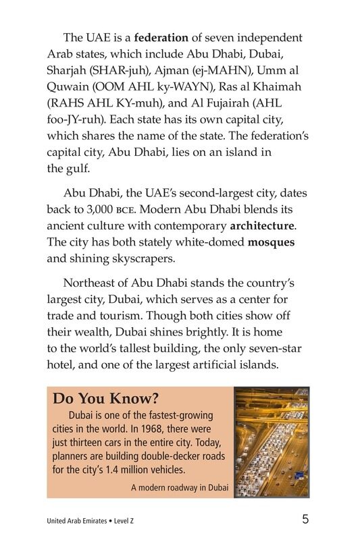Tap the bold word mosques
click(271, 242)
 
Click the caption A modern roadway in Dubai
click(180, 487)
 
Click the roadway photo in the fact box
click(272, 442)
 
